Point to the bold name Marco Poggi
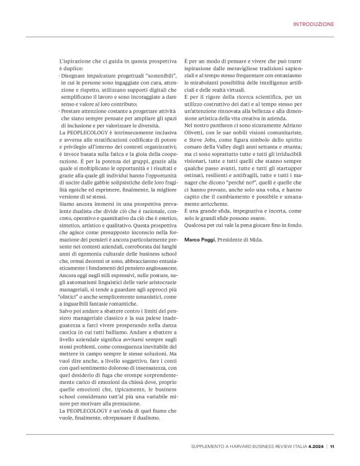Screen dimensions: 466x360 point(202,222)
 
